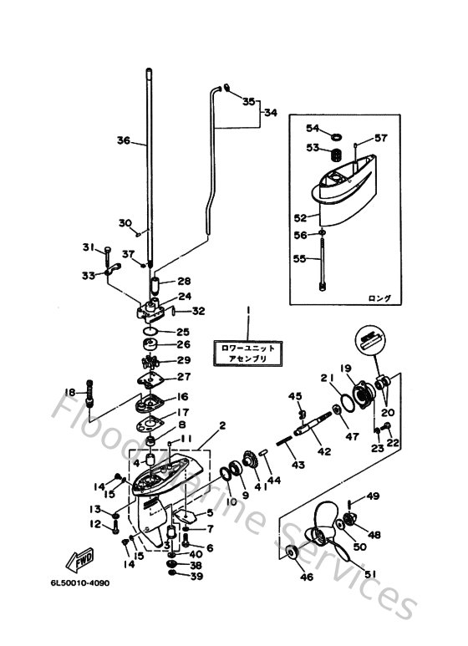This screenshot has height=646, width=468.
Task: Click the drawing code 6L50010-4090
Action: [79, 602]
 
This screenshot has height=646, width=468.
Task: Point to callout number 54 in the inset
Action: [313, 128]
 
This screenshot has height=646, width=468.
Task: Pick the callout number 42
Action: [324, 451]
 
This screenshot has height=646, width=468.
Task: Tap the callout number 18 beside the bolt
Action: [70, 393]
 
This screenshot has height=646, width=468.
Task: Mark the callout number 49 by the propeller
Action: [373, 496]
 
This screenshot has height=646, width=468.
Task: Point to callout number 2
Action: [222, 425]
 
